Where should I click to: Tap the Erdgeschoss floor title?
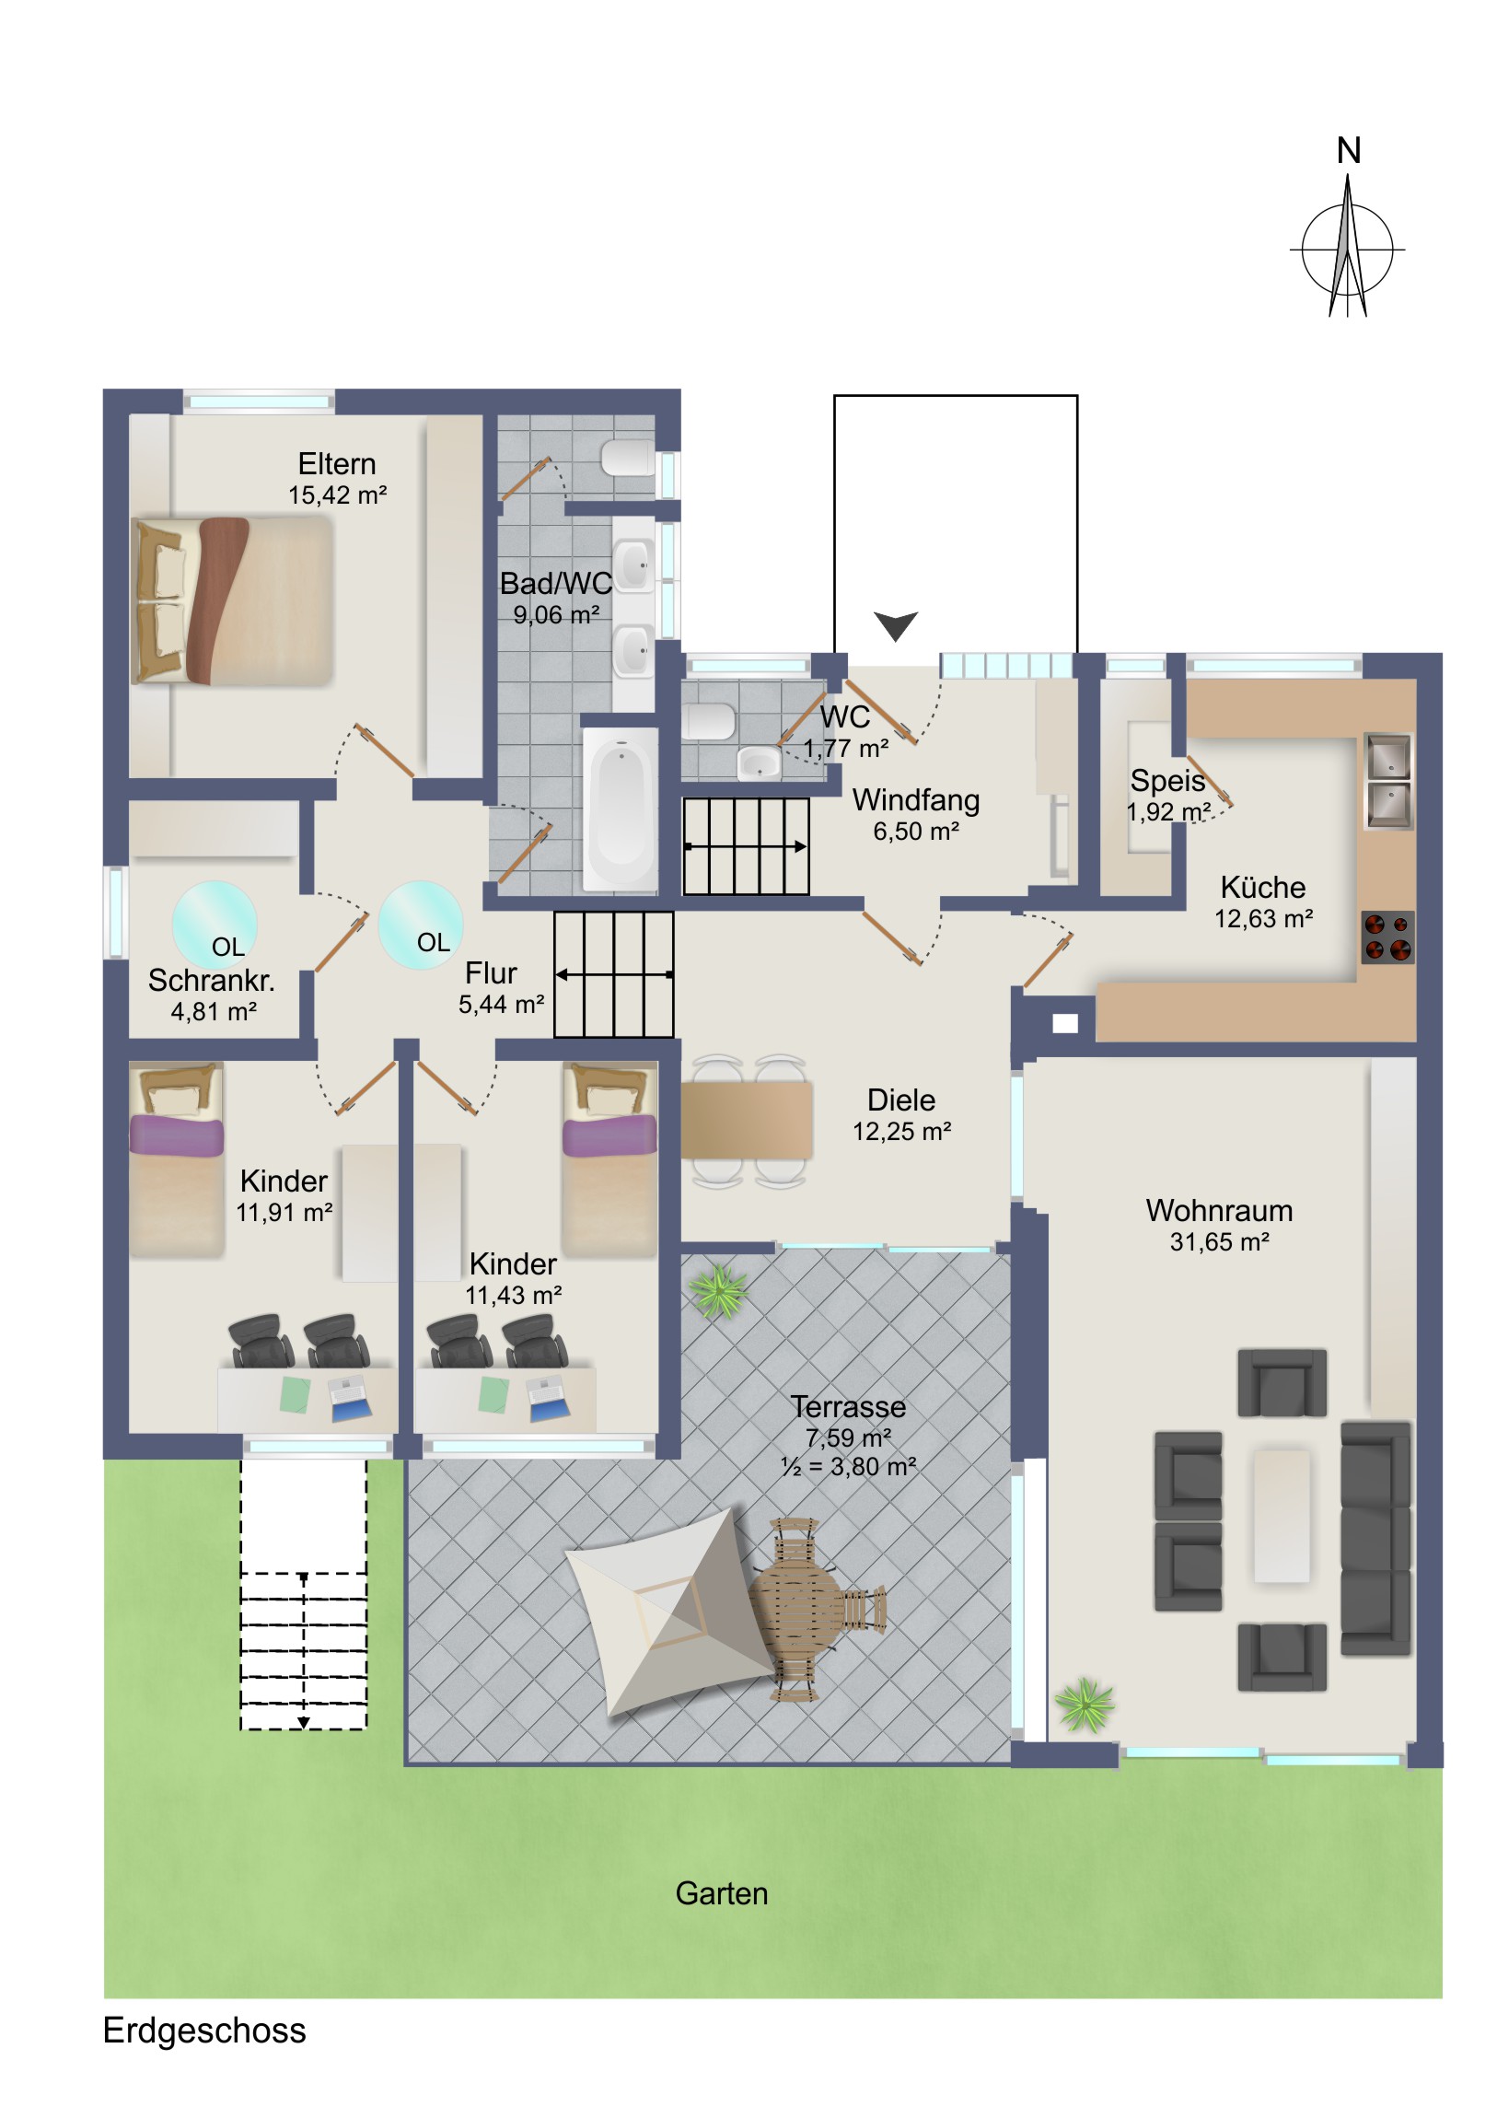click(203, 2031)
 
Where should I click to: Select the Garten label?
click(721, 1893)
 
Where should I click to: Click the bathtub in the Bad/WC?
click(621, 809)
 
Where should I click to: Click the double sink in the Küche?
click(1387, 780)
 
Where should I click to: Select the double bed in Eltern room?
click(233, 600)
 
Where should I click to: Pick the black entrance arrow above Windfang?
click(895, 625)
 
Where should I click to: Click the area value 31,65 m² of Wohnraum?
click(1219, 1241)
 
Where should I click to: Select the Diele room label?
click(901, 1100)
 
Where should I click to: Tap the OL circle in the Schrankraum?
click(214, 925)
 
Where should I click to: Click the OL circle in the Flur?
click(421, 925)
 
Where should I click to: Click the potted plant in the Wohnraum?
click(1085, 1705)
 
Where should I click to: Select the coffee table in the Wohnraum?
click(1282, 1516)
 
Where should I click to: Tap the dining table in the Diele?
click(746, 1121)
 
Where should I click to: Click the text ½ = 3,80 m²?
click(849, 1467)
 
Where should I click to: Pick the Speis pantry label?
click(1167, 780)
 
